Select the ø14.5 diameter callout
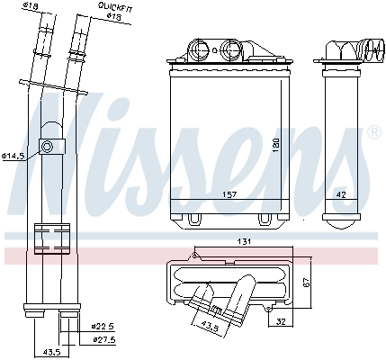click(15, 155)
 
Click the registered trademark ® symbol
click(373, 133)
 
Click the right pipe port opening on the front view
click(232, 49)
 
